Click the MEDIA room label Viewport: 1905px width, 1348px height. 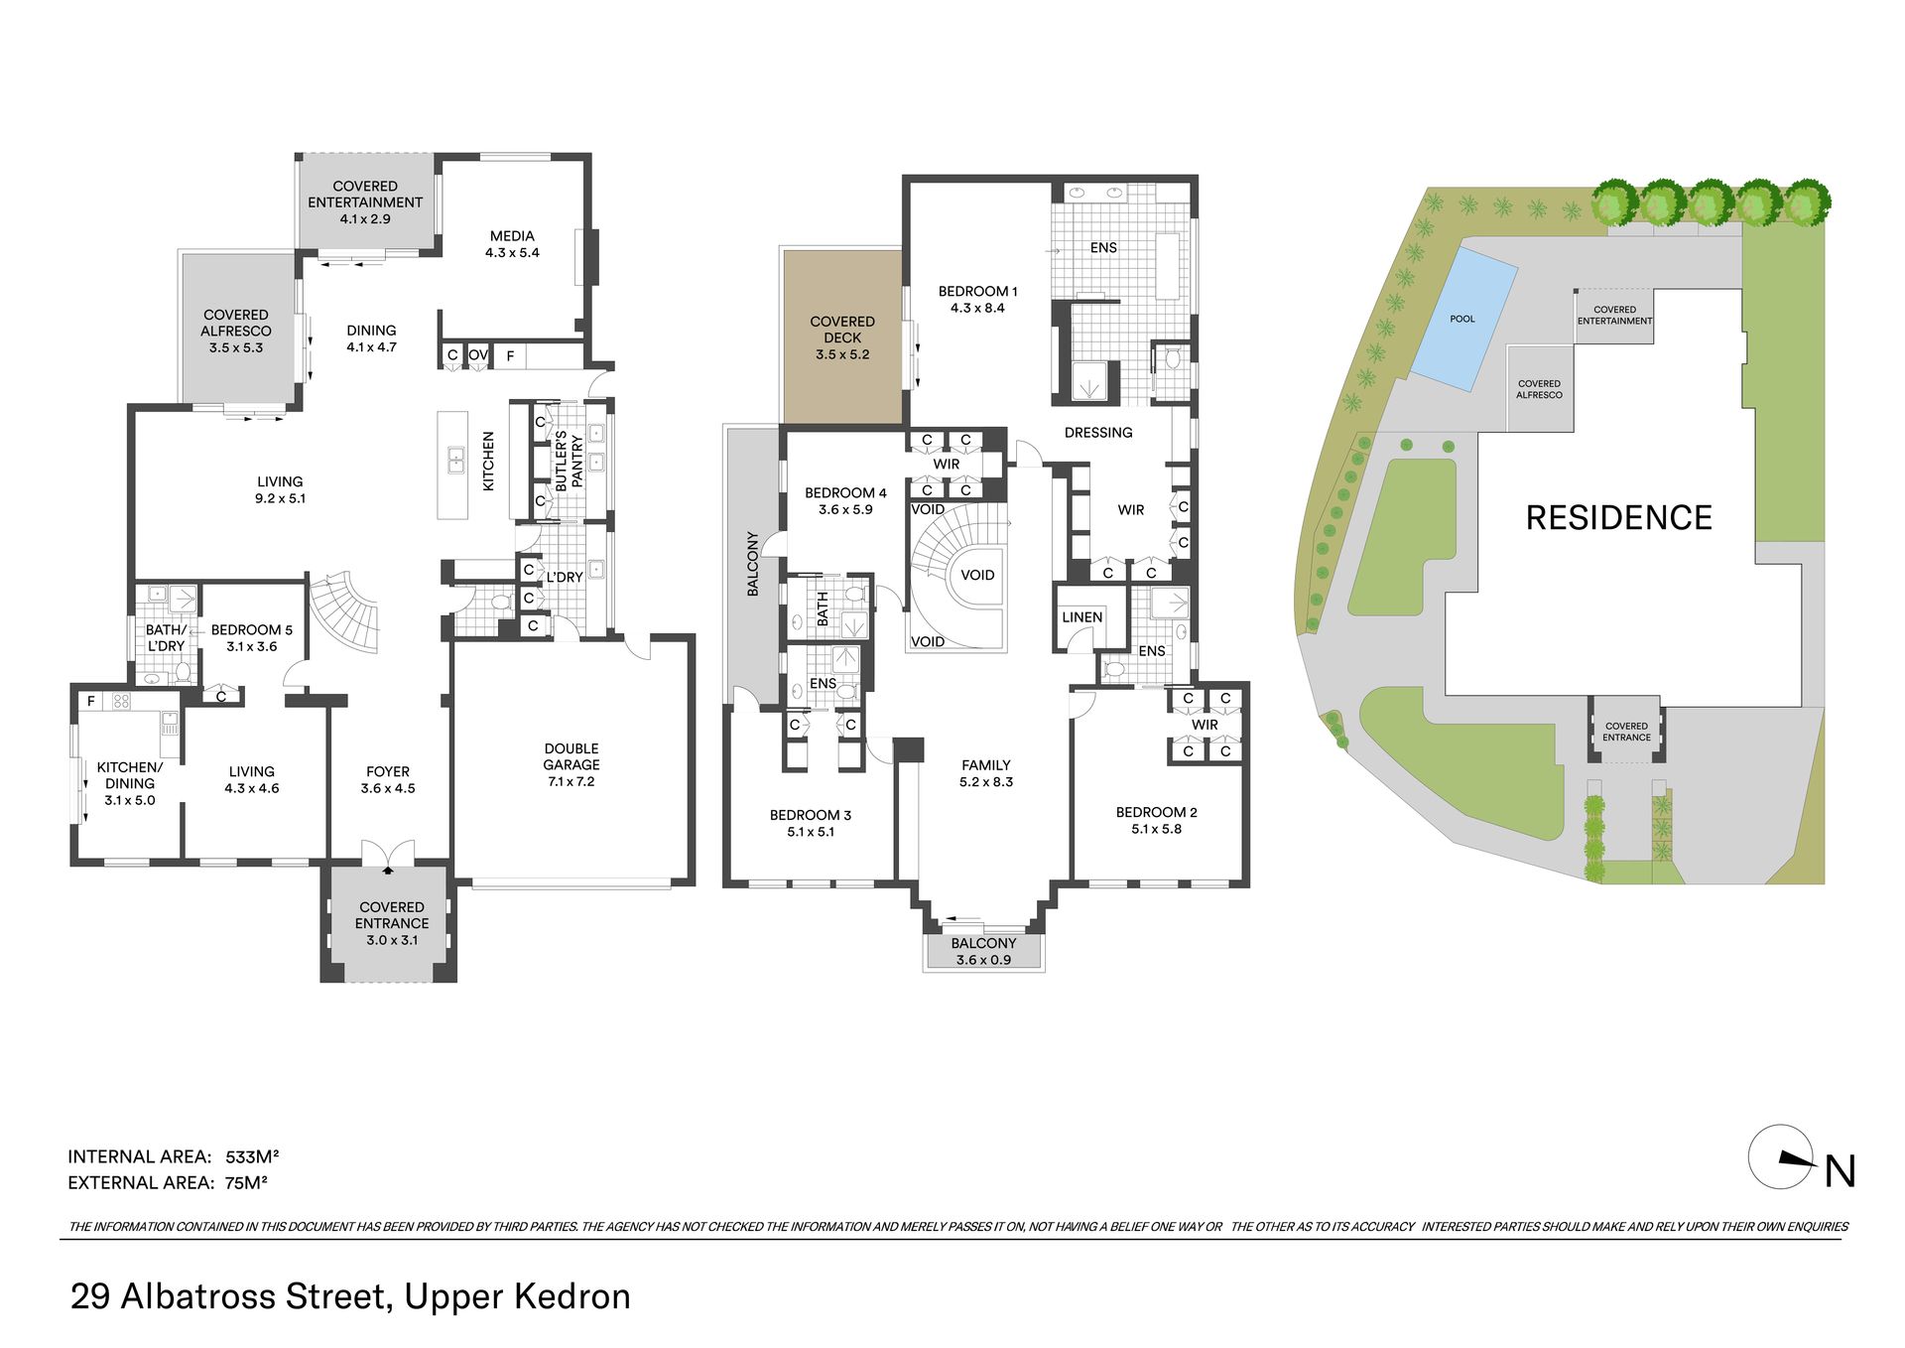(x=512, y=236)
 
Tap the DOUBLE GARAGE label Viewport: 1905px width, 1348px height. (x=571, y=756)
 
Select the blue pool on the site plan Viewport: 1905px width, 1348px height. (x=1463, y=318)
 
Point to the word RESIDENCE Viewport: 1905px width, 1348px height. (x=1618, y=517)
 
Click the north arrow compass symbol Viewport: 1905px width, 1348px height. (x=1782, y=1156)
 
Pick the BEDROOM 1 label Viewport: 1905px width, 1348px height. (x=978, y=292)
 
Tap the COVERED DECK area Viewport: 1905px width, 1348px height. (x=842, y=337)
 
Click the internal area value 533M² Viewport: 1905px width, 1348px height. (x=252, y=1156)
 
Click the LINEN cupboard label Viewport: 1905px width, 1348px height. (x=1081, y=617)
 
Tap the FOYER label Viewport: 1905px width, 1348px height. (x=388, y=771)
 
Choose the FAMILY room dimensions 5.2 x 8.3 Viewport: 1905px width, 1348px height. (x=986, y=782)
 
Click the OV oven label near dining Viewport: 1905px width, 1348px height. (x=478, y=355)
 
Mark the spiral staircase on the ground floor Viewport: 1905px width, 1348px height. (x=344, y=611)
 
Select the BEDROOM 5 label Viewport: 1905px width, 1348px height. (x=252, y=630)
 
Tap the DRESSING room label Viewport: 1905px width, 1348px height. (x=1098, y=433)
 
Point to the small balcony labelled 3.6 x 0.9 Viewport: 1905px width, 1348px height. (x=983, y=951)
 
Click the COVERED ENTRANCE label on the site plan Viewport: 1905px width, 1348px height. (x=1627, y=732)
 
